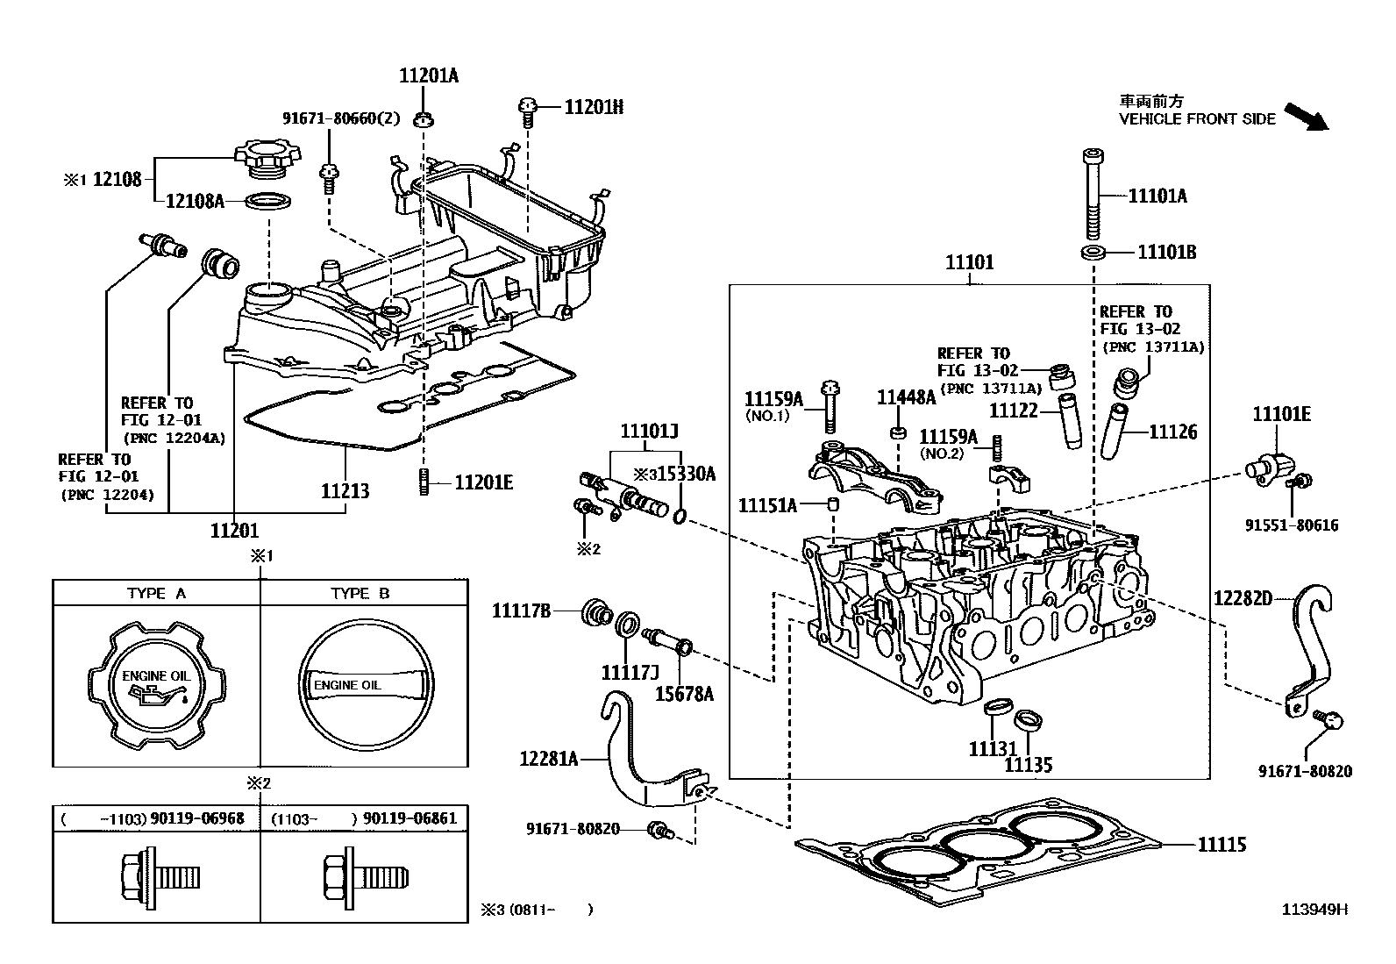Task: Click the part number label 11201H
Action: pyautogui.click(x=594, y=107)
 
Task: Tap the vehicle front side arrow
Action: pyautogui.click(x=1307, y=117)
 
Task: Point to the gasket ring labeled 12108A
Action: pyautogui.click(x=267, y=202)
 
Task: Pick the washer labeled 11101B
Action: pyautogui.click(x=1092, y=253)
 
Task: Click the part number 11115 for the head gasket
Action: pyautogui.click(x=1221, y=845)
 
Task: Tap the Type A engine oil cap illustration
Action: pyautogui.click(x=157, y=683)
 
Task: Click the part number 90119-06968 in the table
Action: pyautogui.click(x=196, y=818)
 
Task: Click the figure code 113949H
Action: pyautogui.click(x=1315, y=910)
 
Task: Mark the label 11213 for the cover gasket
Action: pyautogui.click(x=345, y=491)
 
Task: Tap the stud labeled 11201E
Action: pyautogui.click(x=424, y=482)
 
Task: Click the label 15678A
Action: pyautogui.click(x=684, y=694)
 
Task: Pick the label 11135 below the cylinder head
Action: pyautogui.click(x=1028, y=765)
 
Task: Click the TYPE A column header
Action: pyautogui.click(x=156, y=593)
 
